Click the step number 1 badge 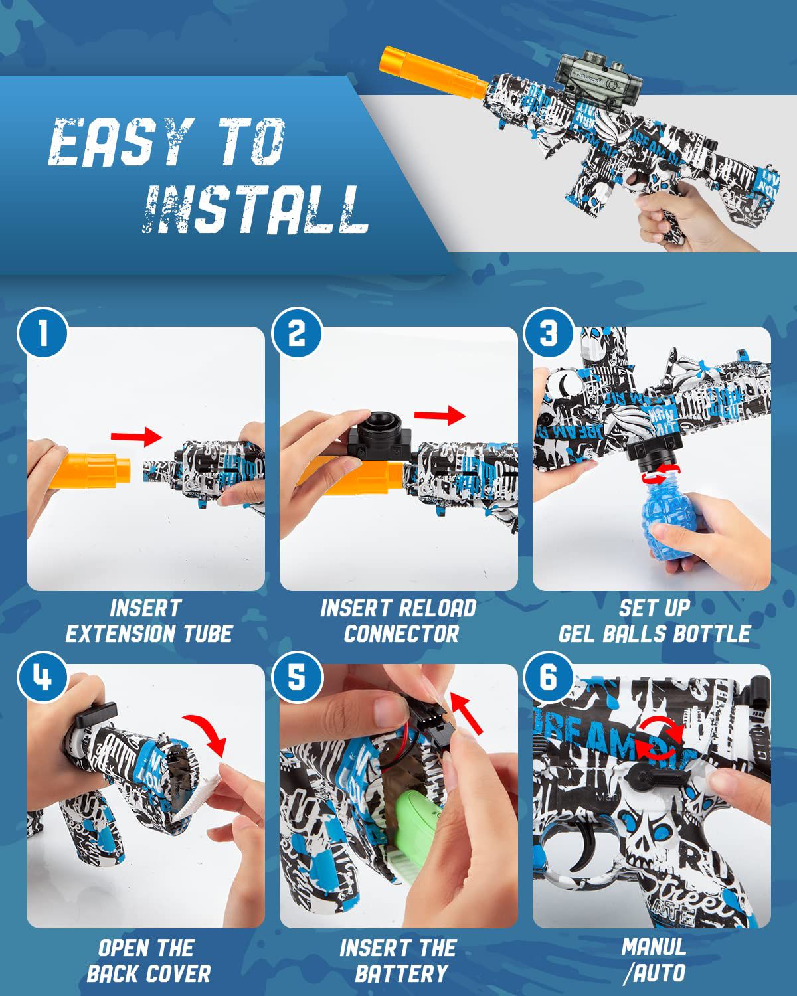point(43,333)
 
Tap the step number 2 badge point(296,333)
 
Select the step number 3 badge point(549,333)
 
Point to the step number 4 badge point(43,678)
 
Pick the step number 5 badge point(296,678)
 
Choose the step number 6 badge point(549,678)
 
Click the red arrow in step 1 point(136,436)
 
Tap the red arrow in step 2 point(440,416)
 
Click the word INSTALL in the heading point(256,209)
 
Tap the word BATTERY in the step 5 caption point(401,973)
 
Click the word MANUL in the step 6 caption point(654,946)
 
